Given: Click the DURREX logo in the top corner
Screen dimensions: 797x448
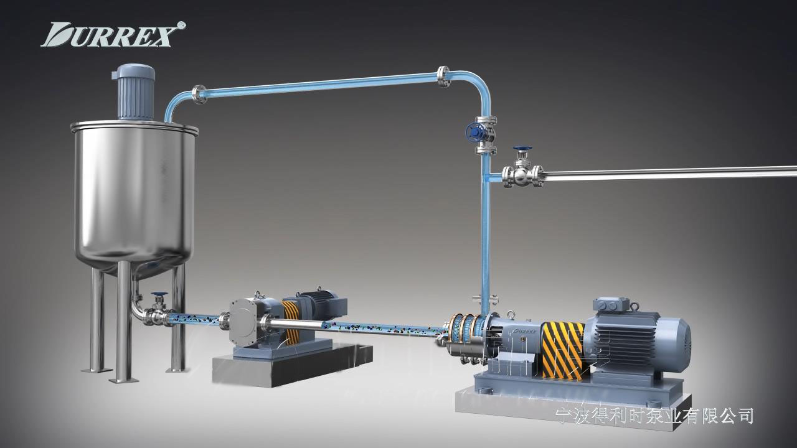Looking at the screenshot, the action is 113,34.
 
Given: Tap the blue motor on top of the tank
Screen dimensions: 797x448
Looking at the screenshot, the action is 134,91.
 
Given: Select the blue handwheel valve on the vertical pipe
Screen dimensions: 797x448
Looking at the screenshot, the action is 475,133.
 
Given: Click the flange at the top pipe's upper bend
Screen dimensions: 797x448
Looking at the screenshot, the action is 443,77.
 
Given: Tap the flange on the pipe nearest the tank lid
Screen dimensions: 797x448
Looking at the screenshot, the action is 199,95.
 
